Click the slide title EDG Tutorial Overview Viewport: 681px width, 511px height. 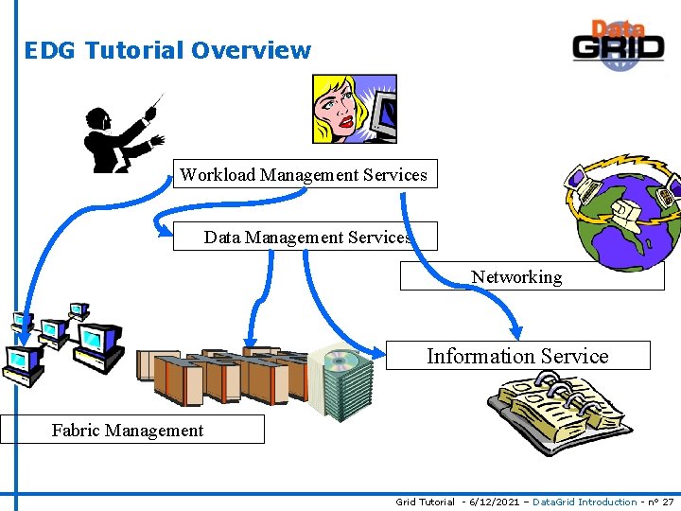(x=167, y=50)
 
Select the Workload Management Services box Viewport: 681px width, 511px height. (x=304, y=174)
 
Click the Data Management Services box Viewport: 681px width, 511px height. (x=306, y=237)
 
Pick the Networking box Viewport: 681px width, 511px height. (x=532, y=276)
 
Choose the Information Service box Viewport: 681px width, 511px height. (x=517, y=356)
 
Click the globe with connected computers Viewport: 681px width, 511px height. (x=620, y=213)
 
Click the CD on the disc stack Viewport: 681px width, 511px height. (x=340, y=361)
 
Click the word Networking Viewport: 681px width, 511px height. (x=516, y=277)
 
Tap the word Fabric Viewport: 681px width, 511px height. (x=76, y=431)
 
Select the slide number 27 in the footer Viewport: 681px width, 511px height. (x=668, y=502)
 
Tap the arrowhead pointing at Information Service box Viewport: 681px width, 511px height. (x=515, y=332)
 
